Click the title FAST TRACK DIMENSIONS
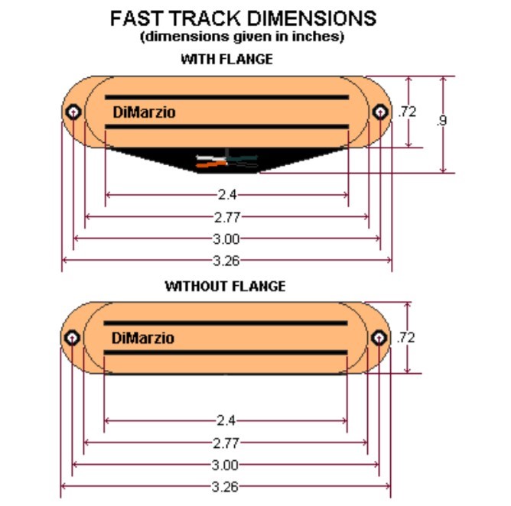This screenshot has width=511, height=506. tap(243, 18)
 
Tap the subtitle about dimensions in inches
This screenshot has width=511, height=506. tap(242, 37)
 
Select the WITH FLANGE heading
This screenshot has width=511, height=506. tap(227, 60)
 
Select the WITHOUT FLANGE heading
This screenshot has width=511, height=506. tap(225, 287)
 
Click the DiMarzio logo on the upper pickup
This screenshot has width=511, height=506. tap(144, 112)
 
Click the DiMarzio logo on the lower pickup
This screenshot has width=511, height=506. tap(143, 339)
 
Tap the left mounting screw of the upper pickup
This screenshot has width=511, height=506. tap(73, 112)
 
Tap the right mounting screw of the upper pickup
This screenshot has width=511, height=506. tap(380, 112)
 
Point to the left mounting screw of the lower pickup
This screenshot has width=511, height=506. tap(72, 338)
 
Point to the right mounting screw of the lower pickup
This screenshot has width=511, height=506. tap(379, 338)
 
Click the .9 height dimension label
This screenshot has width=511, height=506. tap(441, 121)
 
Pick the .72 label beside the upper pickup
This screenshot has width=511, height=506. tap(407, 112)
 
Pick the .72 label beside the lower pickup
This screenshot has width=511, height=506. tap(405, 338)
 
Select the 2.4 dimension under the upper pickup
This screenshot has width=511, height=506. tap(227, 195)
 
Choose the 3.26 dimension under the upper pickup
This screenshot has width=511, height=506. tap(226, 261)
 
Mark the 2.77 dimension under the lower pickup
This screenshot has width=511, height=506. tap(226, 443)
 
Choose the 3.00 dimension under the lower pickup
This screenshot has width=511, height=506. tap(225, 465)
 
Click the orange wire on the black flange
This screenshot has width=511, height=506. tap(211, 164)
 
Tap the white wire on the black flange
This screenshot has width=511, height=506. tap(210, 158)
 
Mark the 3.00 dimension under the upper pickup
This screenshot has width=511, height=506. tap(226, 239)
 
